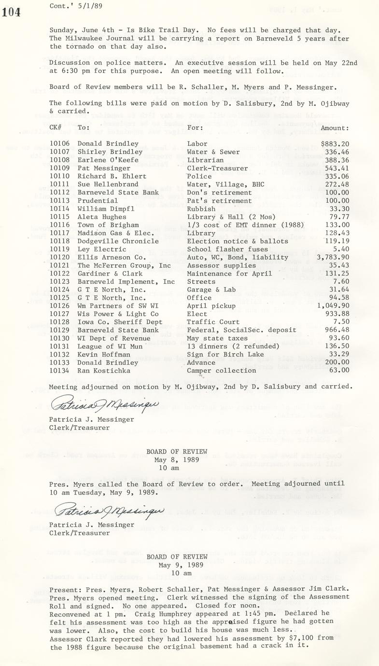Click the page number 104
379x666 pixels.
click(12, 13)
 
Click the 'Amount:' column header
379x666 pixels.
click(335, 128)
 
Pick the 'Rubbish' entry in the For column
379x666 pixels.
click(201, 209)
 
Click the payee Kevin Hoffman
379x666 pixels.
click(101, 354)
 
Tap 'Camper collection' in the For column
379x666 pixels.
click(221, 371)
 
